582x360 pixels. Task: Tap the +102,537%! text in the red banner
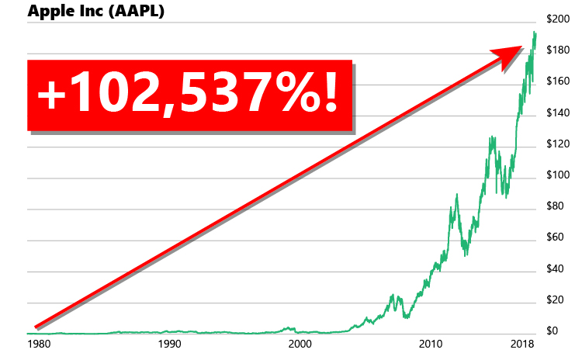pos(189,94)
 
